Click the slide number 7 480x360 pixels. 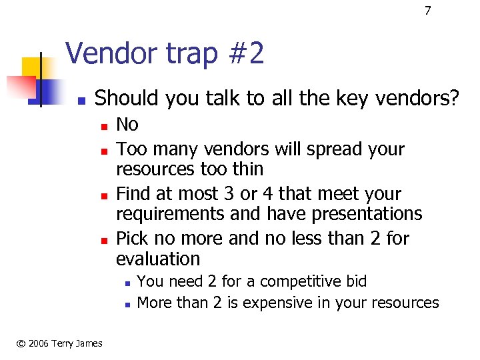pyautogui.click(x=428, y=11)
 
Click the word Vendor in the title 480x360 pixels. pyautogui.click(x=107, y=53)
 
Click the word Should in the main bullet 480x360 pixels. pyautogui.click(x=127, y=99)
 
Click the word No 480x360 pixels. pyautogui.click(x=127, y=125)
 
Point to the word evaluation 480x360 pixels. pyautogui.click(x=158, y=259)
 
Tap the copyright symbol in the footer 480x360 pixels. pyautogui.click(x=21, y=343)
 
